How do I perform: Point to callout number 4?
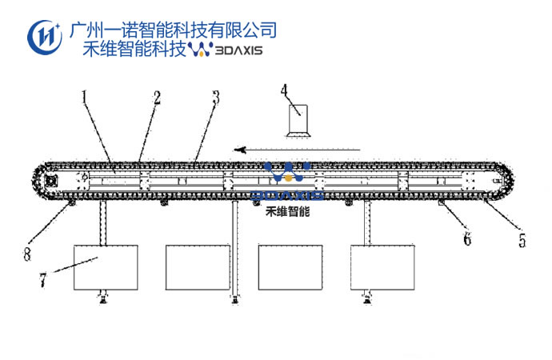click(x=284, y=90)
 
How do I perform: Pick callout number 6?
click(x=468, y=238)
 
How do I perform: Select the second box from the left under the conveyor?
click(x=198, y=267)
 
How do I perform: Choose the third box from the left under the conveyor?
click(x=292, y=267)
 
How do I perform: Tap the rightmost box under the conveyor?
click(x=383, y=267)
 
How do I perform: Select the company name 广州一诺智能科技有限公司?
click(x=174, y=30)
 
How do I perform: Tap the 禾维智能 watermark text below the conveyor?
click(x=288, y=214)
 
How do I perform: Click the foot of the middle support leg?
click(x=235, y=299)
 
